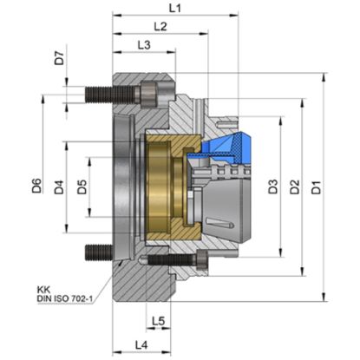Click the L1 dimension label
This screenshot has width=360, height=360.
coord(174,8)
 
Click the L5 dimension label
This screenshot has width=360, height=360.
coord(157,322)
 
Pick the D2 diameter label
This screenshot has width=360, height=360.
coord(295,186)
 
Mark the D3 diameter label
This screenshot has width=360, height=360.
coord(272,186)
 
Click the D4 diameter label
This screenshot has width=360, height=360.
coord(59,186)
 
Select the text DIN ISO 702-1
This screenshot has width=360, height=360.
coord(66,299)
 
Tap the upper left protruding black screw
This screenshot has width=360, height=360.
coord(98,91)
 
